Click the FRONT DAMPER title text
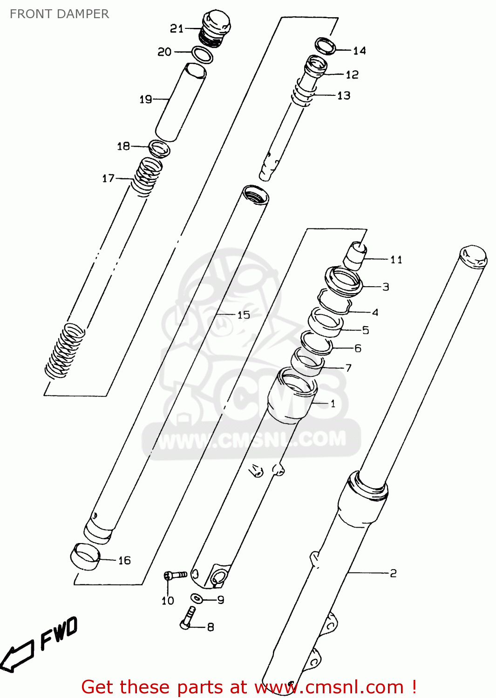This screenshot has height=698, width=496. coord(59,14)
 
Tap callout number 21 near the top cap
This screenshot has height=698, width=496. coord(177,29)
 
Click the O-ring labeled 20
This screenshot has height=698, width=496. coord(203,54)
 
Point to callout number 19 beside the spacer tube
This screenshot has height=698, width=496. coord(146,99)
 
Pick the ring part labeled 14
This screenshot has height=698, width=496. coord(326,46)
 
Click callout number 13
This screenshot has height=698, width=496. coord(344,95)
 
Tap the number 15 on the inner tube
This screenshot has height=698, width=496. coord(244,315)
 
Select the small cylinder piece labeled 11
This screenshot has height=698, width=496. coord(354,255)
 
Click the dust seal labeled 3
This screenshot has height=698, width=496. coord(344,281)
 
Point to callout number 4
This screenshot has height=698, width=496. coord(375,312)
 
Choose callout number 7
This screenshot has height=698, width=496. coord(348,368)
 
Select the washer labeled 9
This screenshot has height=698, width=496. coord(197,598)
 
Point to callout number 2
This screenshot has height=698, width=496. coord(393,573)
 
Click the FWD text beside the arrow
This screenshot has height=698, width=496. coord(59,633)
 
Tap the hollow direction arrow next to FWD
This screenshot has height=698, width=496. coord(17,656)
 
